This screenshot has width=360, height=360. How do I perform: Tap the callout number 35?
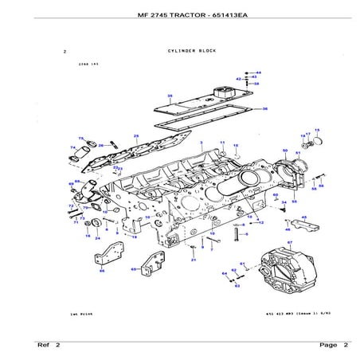(x=170, y=96)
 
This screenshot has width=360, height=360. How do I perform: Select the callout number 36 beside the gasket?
(x=264, y=109)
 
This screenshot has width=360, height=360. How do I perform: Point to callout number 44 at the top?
(x=257, y=72)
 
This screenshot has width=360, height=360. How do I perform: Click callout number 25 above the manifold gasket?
(x=136, y=136)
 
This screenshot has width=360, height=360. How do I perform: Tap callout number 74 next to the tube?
(x=72, y=147)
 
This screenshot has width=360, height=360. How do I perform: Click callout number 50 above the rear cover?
(x=285, y=150)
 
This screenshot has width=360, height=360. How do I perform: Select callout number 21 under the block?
(x=193, y=259)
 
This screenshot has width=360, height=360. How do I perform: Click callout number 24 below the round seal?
(x=96, y=238)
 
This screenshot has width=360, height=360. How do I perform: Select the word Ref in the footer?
(x=44, y=345)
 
